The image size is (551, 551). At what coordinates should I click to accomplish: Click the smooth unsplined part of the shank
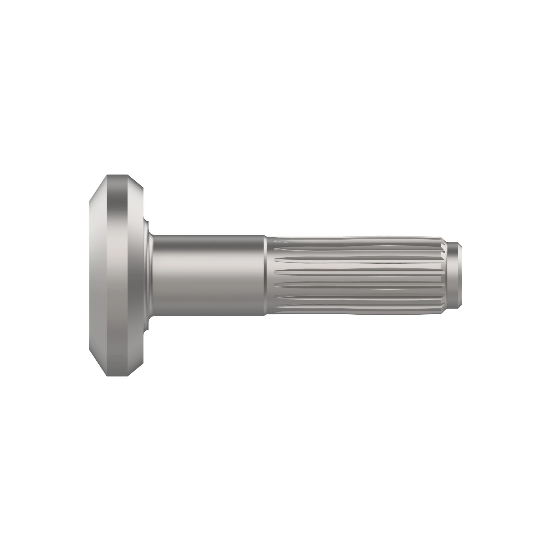pos(207,275)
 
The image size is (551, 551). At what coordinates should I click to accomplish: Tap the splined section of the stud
pos(356,275)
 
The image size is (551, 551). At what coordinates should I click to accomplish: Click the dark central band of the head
pos(117,275)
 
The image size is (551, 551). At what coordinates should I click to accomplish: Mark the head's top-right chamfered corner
pos(136,181)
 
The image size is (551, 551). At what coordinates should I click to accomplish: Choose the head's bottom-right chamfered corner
pos(136,370)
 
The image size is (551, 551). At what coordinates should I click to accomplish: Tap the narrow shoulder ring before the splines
pos(265,275)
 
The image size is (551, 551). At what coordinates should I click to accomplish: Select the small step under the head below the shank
pos(146,327)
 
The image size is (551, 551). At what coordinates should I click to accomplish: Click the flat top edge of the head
pos(117,175)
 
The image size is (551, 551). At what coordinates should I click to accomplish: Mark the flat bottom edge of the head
pos(117,376)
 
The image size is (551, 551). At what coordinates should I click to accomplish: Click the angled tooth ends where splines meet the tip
pos(442,275)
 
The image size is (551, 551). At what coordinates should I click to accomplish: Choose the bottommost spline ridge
pos(356,313)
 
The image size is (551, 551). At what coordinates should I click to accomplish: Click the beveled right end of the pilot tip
pos(460,275)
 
